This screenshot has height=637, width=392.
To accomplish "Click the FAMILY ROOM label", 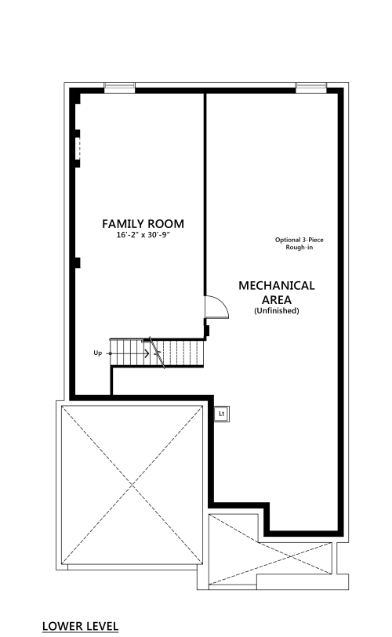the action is click(143, 224).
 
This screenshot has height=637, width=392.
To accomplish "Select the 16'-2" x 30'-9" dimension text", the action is click(143, 235).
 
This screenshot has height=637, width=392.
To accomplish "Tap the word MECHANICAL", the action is click(277, 286).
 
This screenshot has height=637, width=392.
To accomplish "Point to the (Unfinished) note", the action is click(277, 311).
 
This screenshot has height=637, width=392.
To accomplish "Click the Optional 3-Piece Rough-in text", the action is click(299, 244).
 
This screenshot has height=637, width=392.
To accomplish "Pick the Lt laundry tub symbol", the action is click(222, 414).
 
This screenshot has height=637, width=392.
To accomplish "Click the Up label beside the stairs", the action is click(97, 353).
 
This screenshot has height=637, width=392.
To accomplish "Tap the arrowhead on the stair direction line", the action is click(147, 353).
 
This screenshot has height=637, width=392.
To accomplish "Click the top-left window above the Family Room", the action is click(119, 87).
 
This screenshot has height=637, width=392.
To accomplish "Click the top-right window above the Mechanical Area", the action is click(311, 87).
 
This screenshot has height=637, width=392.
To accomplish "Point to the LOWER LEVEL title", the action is click(80, 626).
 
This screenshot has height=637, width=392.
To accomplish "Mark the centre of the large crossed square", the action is click(132, 485).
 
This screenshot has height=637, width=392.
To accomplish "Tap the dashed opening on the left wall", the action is click(78, 149).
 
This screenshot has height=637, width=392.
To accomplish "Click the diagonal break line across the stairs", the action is click(157, 353).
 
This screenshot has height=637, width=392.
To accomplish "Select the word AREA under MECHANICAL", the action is click(277, 300).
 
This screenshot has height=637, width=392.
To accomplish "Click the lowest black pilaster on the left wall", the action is click(77, 262).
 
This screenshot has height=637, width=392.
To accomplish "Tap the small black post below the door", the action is click(206, 331).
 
